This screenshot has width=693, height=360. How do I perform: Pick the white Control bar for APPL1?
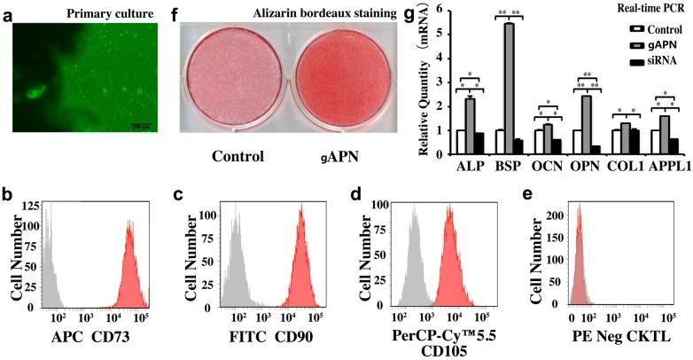pyautogui.click(x=656, y=143)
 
